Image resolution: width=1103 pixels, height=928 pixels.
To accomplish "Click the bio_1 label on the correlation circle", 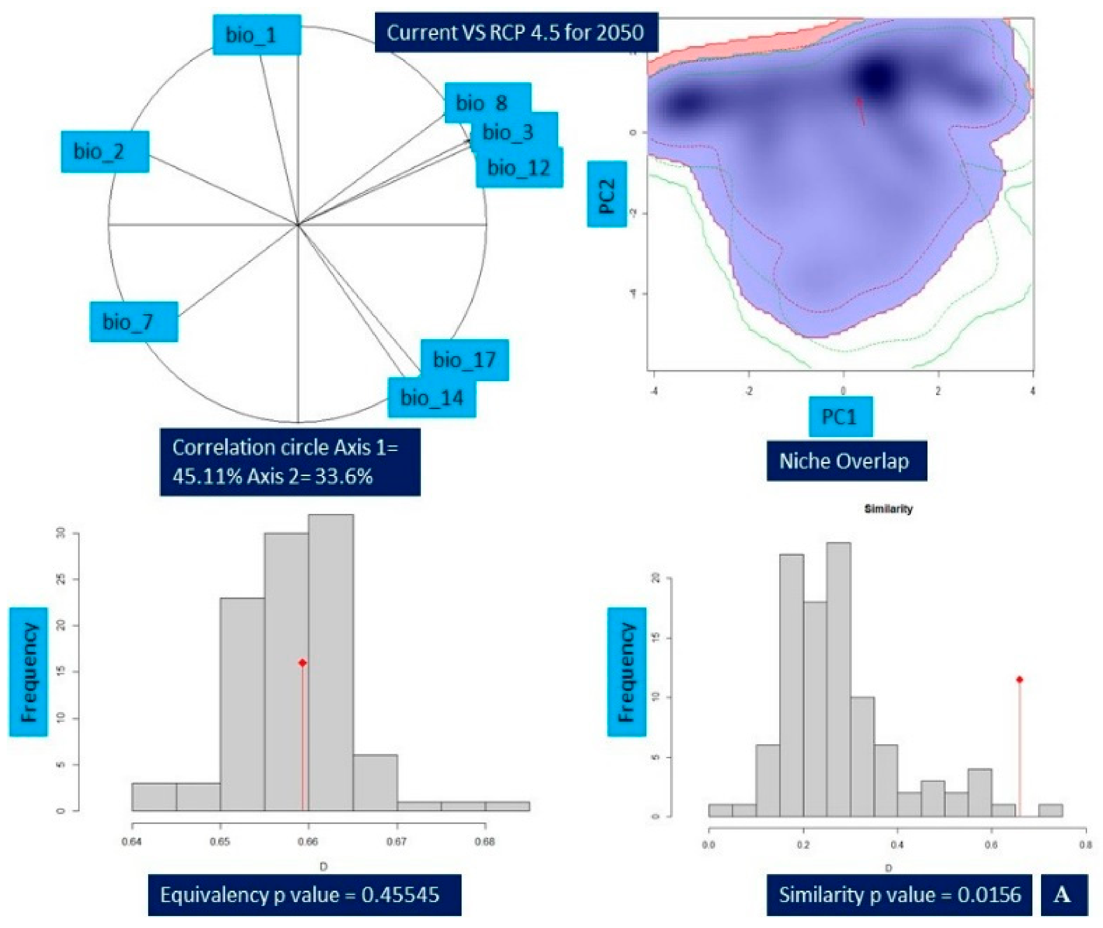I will [x=257, y=35].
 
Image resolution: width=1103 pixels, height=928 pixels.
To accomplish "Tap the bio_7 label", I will [x=134, y=322].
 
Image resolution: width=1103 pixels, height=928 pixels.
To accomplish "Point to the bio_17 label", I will [x=464, y=360].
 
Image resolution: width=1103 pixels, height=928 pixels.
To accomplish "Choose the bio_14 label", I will [x=432, y=398].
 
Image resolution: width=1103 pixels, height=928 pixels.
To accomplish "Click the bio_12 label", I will [x=519, y=168].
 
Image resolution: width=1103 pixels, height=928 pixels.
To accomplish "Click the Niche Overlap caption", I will [x=846, y=461].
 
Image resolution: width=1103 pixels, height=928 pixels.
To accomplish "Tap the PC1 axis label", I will [x=841, y=417].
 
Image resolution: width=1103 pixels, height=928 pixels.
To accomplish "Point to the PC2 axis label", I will [x=607, y=194].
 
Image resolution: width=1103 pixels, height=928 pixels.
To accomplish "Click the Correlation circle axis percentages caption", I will [x=290, y=462].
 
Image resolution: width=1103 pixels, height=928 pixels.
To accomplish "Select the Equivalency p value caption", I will [x=304, y=895].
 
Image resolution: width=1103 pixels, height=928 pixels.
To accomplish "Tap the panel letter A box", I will [x=1063, y=895].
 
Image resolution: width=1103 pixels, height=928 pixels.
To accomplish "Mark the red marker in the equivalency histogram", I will [x=303, y=663].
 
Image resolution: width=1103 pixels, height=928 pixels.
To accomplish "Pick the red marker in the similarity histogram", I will [x=1019, y=680].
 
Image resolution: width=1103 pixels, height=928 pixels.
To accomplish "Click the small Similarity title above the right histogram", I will [x=888, y=509].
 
